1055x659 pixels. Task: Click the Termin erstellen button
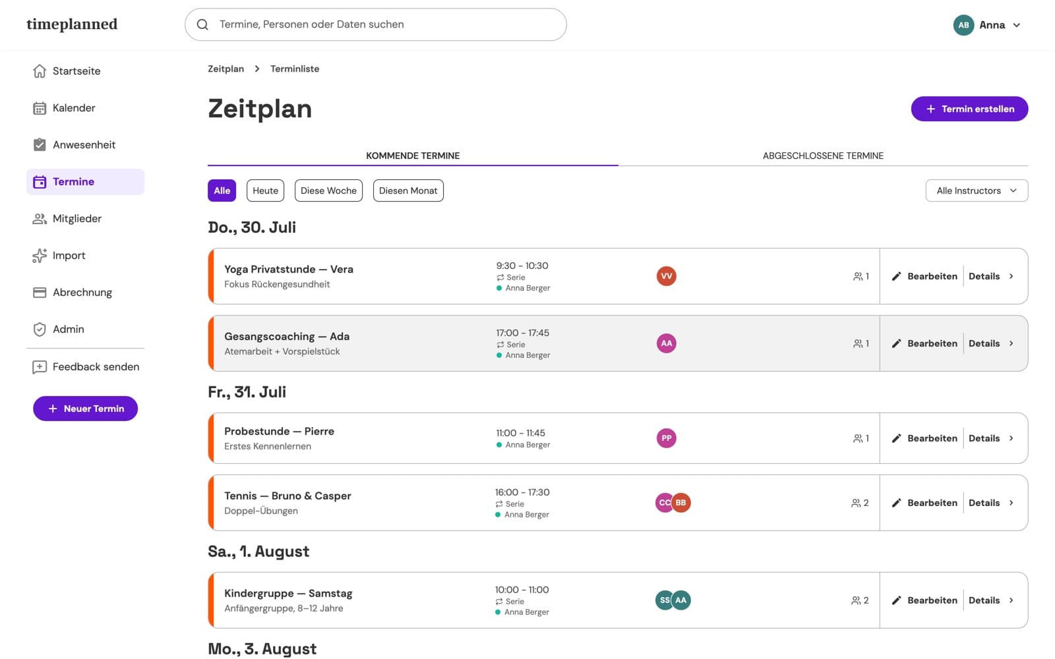point(969,109)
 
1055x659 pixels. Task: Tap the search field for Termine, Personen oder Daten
point(375,24)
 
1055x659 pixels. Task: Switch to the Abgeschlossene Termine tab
point(823,156)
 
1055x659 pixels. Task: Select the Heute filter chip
point(265,190)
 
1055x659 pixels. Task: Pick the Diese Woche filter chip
point(328,190)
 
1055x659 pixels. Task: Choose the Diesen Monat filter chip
point(408,190)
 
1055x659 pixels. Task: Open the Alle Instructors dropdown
point(977,190)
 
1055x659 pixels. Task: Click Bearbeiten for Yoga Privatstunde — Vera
point(924,276)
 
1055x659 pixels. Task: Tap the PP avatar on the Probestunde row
point(666,438)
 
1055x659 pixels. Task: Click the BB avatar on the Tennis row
point(681,503)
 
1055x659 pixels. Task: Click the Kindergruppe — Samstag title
point(288,593)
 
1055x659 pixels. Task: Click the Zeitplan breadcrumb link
point(226,69)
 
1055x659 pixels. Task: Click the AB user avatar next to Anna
point(963,25)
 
